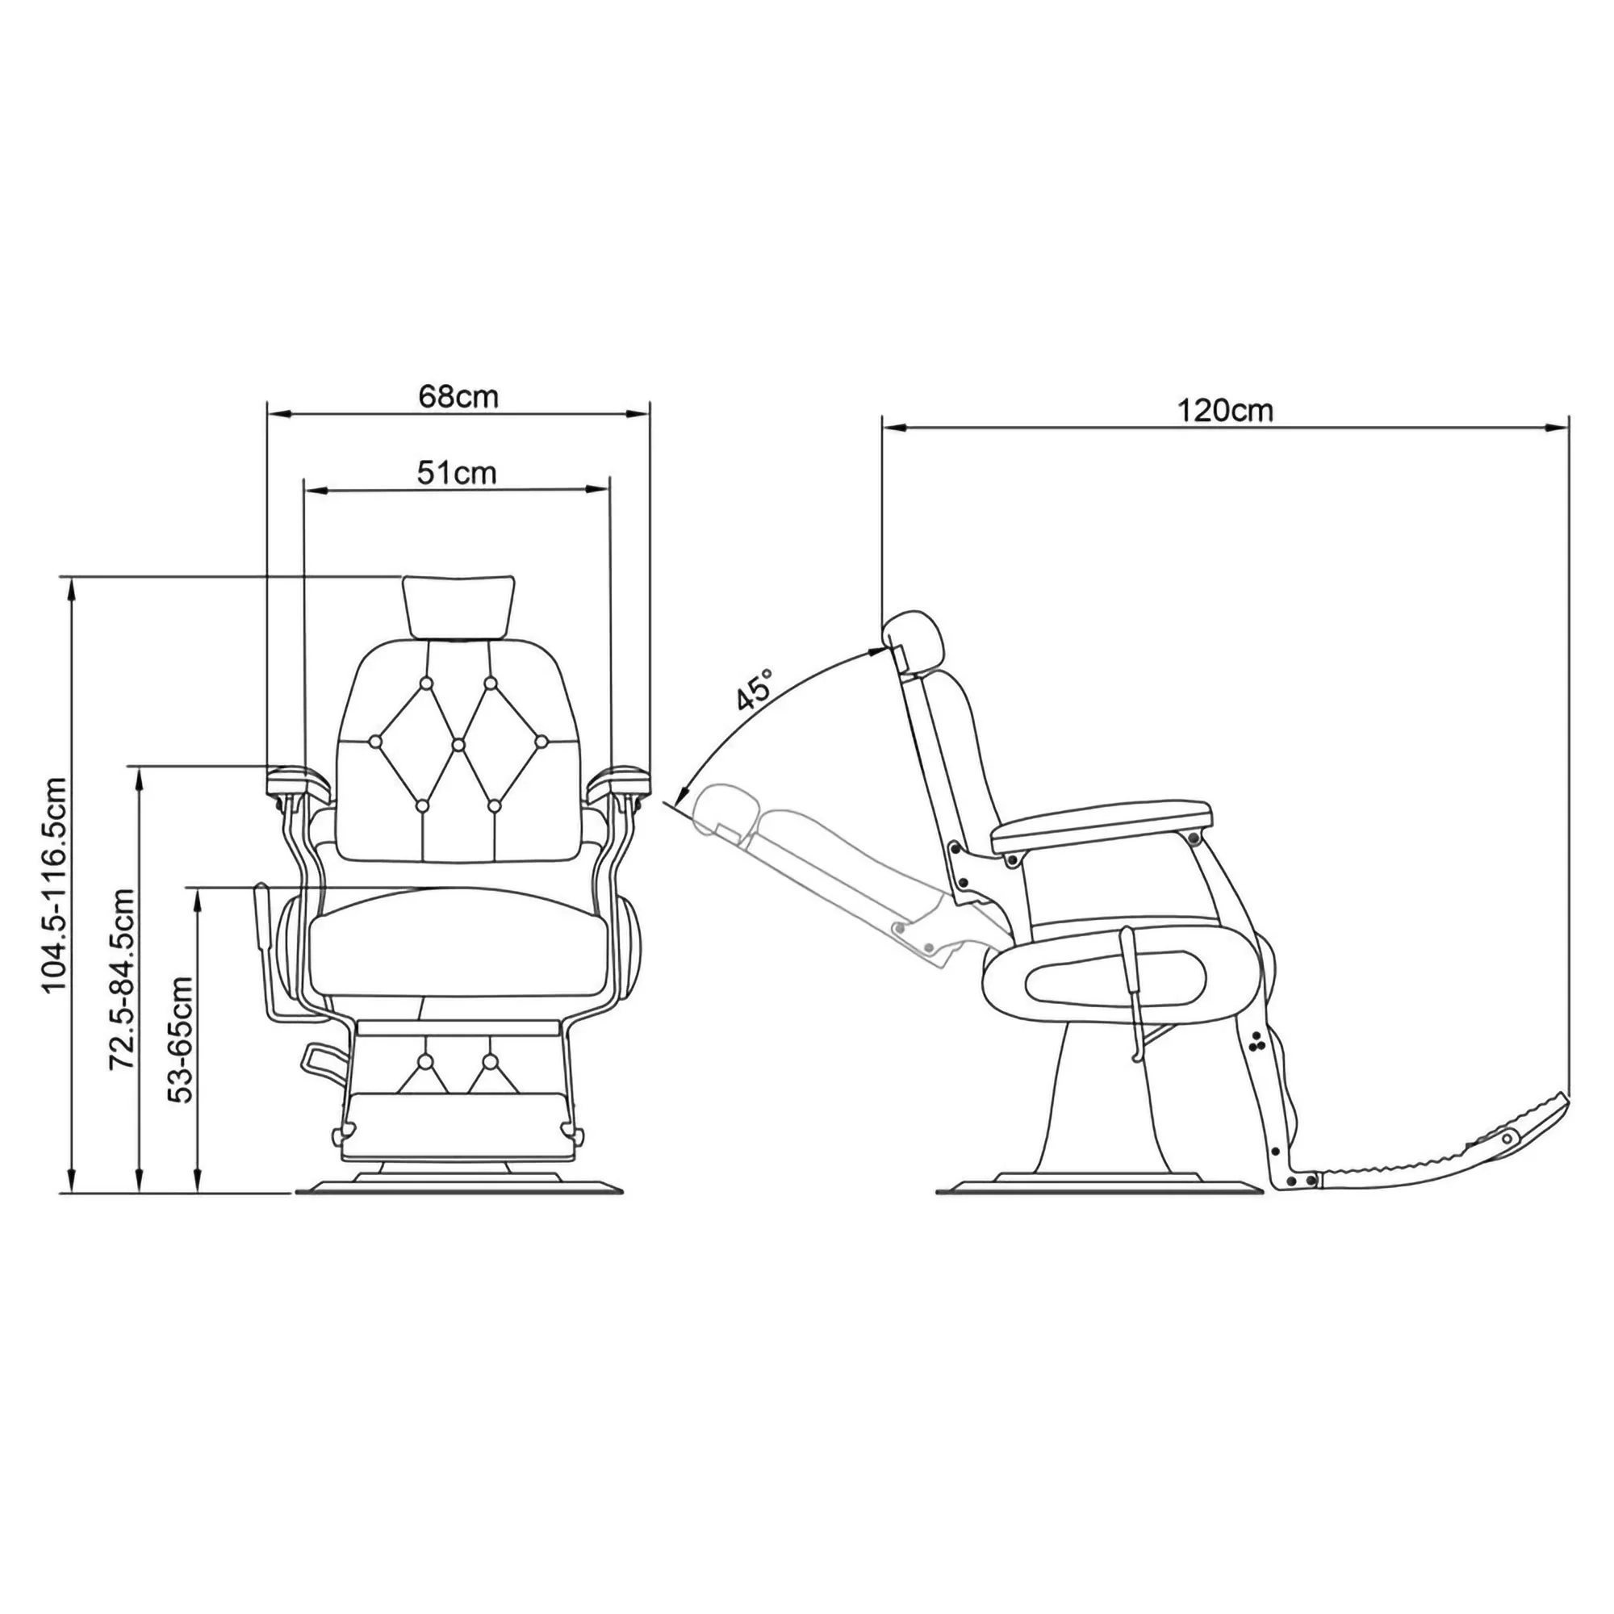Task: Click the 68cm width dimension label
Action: [458, 396]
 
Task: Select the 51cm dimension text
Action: [456, 473]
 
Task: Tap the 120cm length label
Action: [1225, 411]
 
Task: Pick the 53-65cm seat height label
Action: [182, 1039]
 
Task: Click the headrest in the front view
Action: [458, 604]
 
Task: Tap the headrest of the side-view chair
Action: [917, 640]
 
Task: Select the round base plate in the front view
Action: [458, 1186]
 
